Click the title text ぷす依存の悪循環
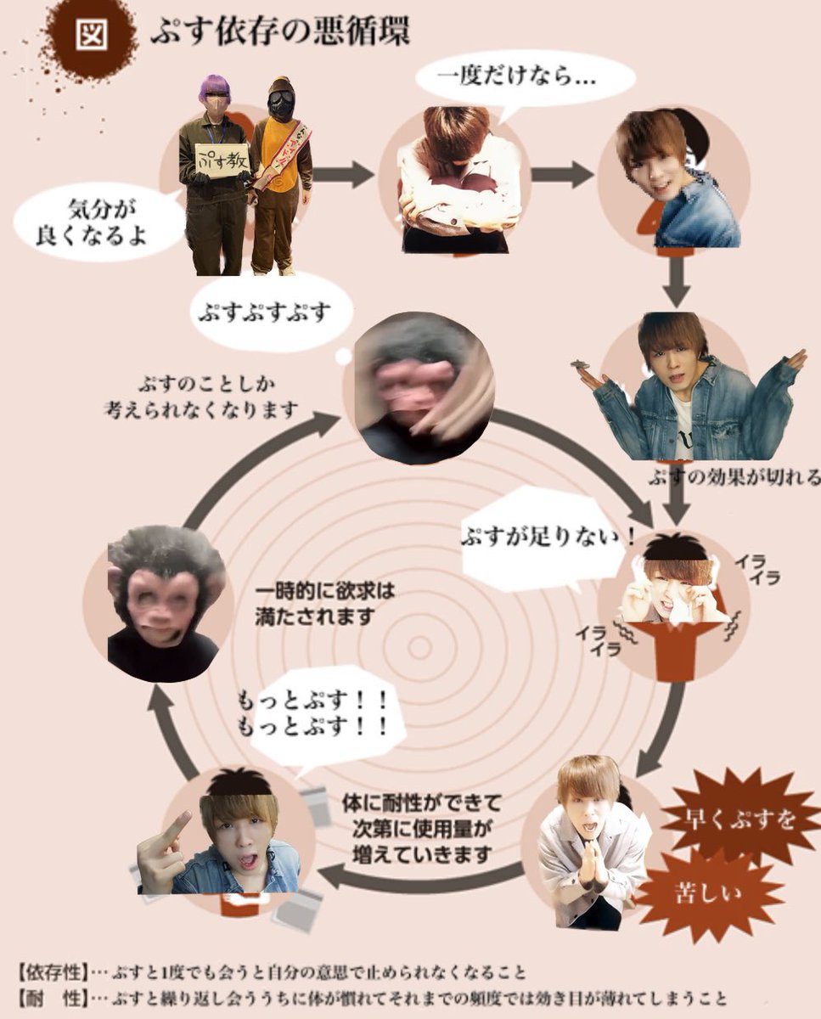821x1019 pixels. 279,34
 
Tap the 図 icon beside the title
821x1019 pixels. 90,35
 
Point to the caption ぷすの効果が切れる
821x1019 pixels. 734,476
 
